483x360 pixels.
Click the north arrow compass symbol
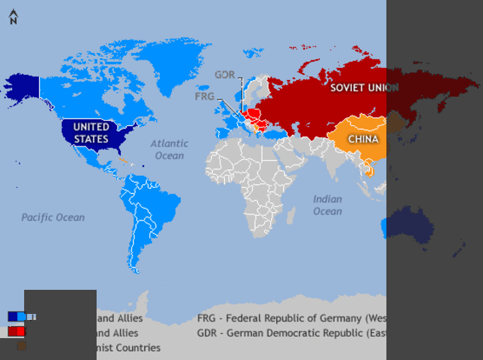(x=13, y=17)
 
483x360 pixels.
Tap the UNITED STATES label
(x=91, y=133)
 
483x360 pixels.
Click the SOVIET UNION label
(x=364, y=88)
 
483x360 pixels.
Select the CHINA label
(x=363, y=139)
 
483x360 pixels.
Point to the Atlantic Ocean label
(x=169, y=149)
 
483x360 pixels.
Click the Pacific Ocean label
(x=53, y=217)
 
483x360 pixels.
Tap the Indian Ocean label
(x=328, y=205)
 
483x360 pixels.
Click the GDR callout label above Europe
(x=224, y=75)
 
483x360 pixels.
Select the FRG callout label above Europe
(x=205, y=97)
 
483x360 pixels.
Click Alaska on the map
(x=23, y=87)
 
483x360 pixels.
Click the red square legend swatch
(x=15, y=331)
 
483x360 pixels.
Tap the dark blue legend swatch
(x=13, y=316)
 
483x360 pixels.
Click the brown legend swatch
(x=22, y=346)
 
